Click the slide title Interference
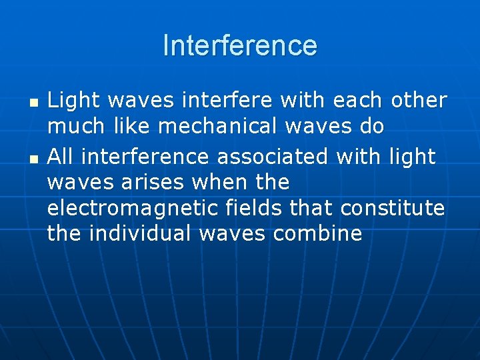pyautogui.click(x=240, y=45)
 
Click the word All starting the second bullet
pyautogui.click(x=61, y=157)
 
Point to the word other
pyautogui.click(x=418, y=100)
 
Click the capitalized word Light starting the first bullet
pyautogui.click(x=73, y=100)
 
